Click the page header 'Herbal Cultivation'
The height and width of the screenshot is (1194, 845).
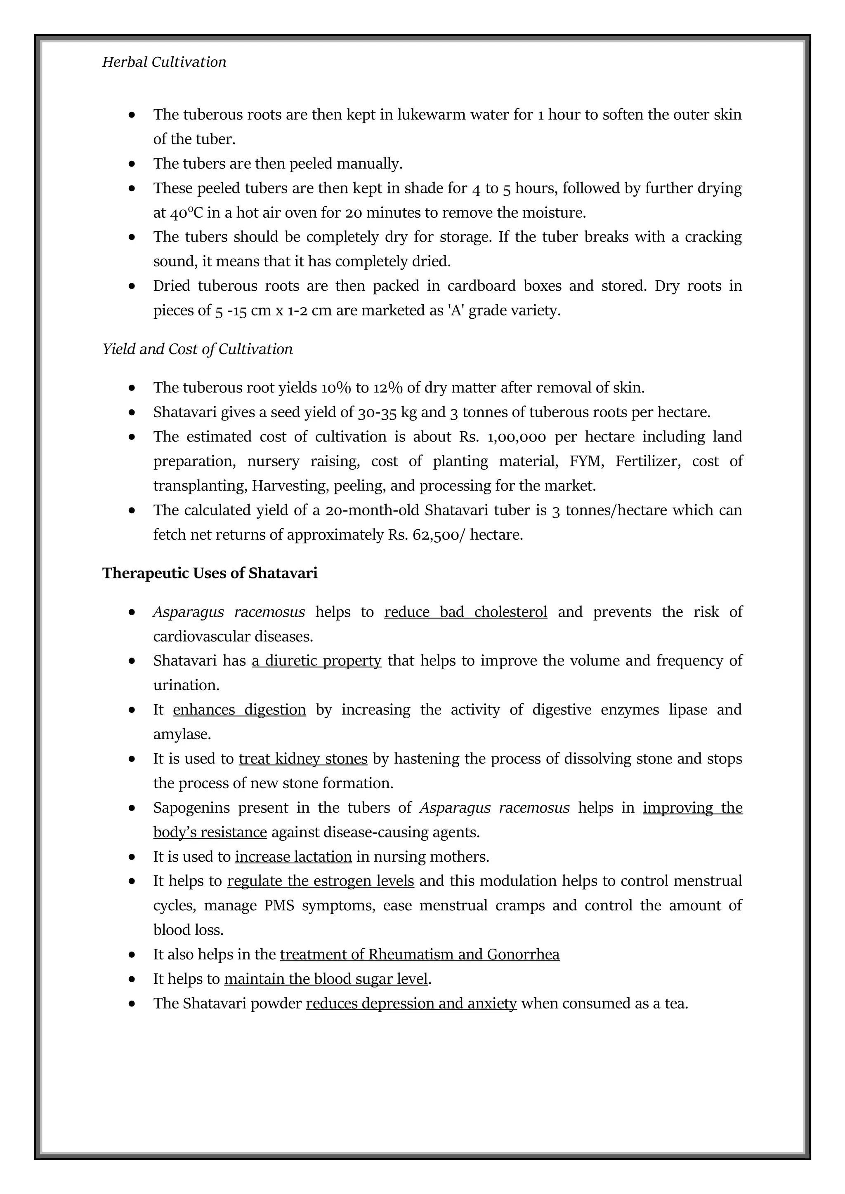tap(164, 62)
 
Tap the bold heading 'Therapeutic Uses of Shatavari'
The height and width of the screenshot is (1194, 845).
tap(210, 573)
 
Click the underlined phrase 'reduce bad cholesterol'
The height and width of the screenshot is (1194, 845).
tap(466, 612)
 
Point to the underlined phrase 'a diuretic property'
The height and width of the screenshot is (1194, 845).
tap(316, 661)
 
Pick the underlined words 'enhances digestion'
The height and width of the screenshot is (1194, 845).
tap(239, 710)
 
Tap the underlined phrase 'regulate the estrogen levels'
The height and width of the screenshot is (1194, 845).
tap(321, 881)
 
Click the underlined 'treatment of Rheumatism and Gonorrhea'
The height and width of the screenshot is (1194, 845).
tap(419, 955)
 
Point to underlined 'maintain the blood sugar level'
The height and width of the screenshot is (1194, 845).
tap(326, 979)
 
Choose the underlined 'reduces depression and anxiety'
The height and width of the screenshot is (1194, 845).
tap(411, 1004)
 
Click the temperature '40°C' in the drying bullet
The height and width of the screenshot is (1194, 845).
tap(186, 213)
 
